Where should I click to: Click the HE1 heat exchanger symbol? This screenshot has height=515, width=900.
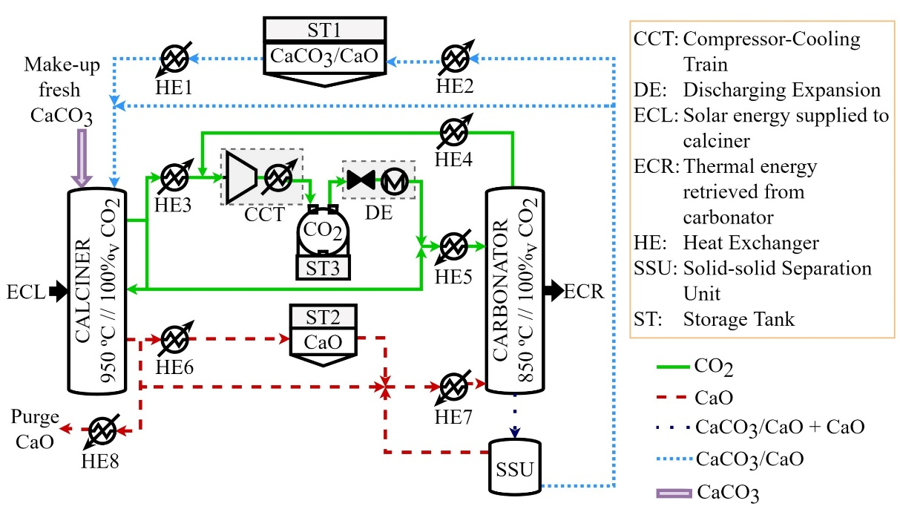(x=174, y=59)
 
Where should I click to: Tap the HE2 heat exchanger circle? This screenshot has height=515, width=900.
(x=455, y=59)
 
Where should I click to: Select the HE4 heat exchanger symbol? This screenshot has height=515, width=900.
(x=454, y=132)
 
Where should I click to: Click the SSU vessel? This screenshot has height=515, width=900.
(x=515, y=468)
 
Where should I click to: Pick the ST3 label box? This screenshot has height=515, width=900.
(x=323, y=268)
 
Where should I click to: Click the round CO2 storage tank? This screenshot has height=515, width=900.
(x=323, y=232)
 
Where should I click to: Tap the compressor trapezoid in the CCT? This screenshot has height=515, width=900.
(x=241, y=177)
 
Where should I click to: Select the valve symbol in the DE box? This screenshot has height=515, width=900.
(x=361, y=180)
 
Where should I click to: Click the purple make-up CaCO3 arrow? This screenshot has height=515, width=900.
(x=82, y=157)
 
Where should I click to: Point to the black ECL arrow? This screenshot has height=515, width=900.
(x=59, y=291)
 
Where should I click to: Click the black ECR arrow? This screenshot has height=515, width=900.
(x=554, y=290)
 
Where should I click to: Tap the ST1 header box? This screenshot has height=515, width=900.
(x=325, y=30)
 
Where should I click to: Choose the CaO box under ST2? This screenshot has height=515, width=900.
(x=323, y=342)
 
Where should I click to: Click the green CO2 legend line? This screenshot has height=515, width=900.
(x=673, y=367)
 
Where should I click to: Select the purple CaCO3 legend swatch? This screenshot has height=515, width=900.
(x=674, y=493)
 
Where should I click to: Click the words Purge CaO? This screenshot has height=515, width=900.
(x=35, y=429)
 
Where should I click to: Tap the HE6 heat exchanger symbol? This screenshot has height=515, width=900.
(x=175, y=339)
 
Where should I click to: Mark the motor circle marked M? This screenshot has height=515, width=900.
(x=395, y=182)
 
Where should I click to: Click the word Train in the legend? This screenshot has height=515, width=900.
(x=706, y=65)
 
